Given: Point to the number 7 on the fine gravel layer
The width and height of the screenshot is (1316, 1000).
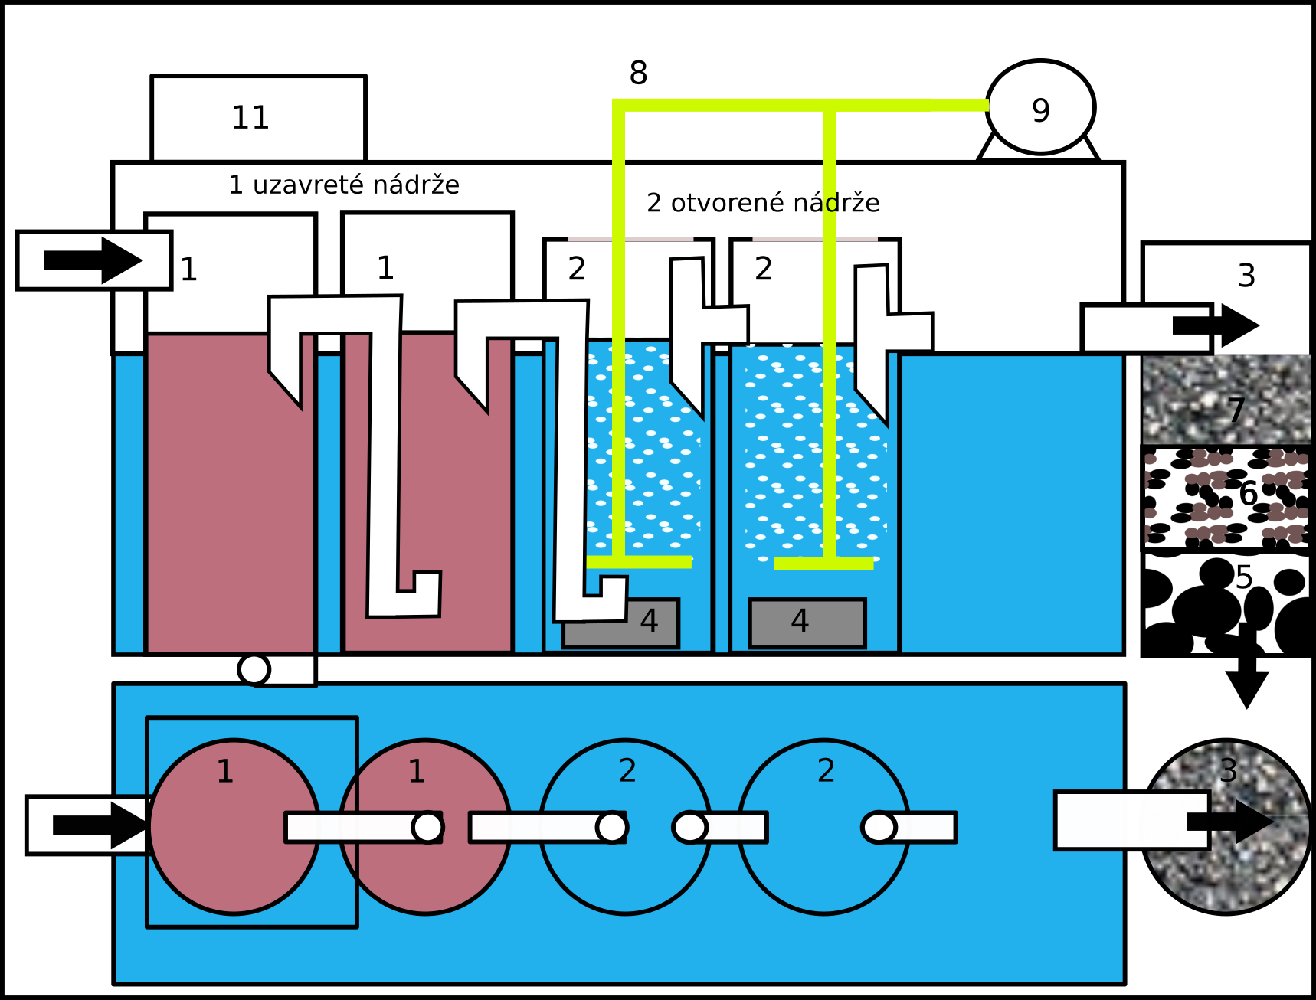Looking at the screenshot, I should [1236, 411].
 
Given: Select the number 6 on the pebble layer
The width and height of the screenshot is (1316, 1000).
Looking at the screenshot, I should [1248, 494].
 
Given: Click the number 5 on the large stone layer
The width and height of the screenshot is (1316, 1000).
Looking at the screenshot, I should [1243, 577].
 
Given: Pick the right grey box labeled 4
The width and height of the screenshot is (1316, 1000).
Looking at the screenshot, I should [807, 623].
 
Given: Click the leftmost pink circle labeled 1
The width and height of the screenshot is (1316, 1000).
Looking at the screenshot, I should [234, 826].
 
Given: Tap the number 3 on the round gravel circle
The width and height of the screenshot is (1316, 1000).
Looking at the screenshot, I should [1228, 770].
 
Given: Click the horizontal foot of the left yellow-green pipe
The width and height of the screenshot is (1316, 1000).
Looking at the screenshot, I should [639, 562].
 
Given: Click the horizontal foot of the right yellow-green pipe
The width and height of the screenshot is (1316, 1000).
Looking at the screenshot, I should [823, 564].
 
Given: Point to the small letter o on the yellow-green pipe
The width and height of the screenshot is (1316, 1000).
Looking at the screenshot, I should [831, 204].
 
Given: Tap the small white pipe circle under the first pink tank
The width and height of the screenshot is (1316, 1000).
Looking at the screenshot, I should [254, 670].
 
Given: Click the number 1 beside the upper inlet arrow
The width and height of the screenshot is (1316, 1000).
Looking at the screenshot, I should [188, 270].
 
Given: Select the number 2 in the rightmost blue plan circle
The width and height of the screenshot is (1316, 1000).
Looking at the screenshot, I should [826, 770].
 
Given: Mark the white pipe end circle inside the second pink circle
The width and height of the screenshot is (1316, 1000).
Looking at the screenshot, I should [427, 827].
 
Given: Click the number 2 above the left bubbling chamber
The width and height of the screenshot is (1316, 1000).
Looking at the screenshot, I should [577, 268].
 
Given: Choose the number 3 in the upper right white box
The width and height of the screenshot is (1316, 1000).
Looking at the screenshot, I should [1246, 276].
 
